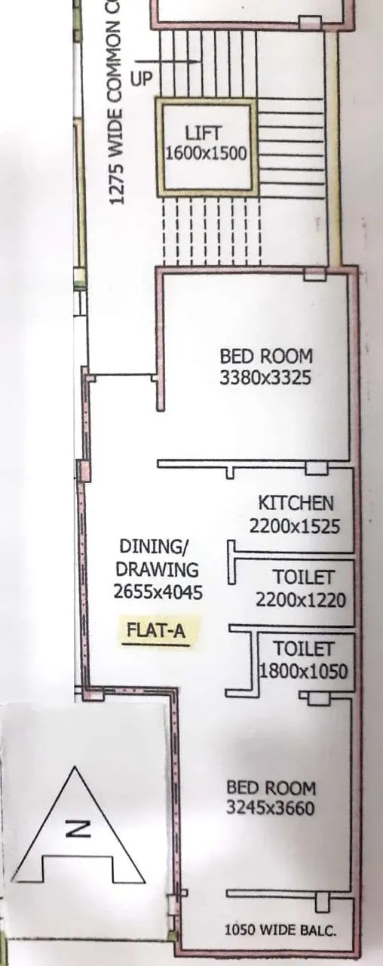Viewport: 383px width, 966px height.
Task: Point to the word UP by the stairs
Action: pos(141,78)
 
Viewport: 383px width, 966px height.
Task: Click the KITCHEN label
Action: pos(296,503)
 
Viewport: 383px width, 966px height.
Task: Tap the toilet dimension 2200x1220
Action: pos(301,601)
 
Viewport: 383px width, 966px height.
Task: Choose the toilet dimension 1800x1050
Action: pos(304,671)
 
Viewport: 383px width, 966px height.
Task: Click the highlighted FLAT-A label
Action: pos(156,632)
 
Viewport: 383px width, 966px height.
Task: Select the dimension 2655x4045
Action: pos(158,593)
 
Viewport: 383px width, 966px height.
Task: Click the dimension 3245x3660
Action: pos(271,809)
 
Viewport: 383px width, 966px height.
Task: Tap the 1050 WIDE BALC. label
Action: pos(280,931)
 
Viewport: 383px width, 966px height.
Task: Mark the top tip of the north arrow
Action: pos(77,768)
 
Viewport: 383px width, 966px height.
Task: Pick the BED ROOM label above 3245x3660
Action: pos(271,788)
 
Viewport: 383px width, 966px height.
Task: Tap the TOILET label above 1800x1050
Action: pos(303,648)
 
